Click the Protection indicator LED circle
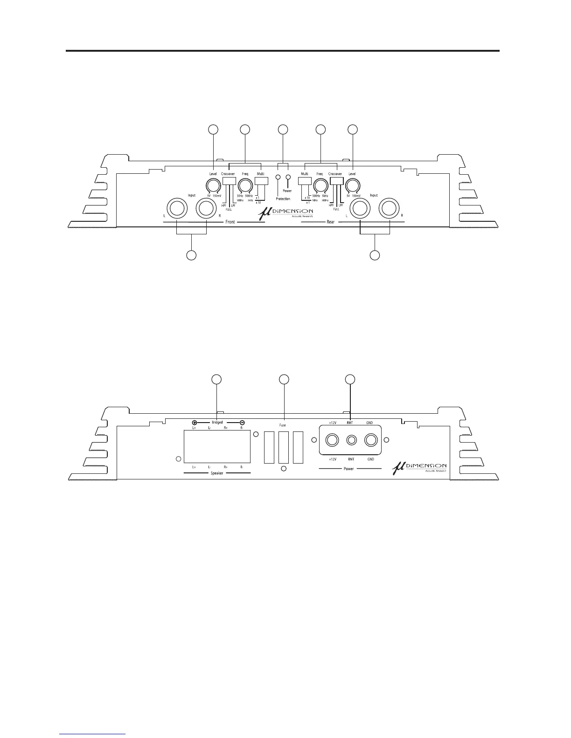pyautogui.click(x=278, y=178)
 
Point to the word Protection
pyautogui.click(x=283, y=199)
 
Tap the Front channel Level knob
pyautogui.click(x=214, y=186)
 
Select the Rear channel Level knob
pyautogui.click(x=352, y=186)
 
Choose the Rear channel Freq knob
pyautogui.click(x=320, y=186)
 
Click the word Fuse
pyautogui.click(x=283, y=425)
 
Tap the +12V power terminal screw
pyautogui.click(x=333, y=440)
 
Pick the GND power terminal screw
pyautogui.click(x=370, y=440)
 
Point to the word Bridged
pyautogui.click(x=217, y=423)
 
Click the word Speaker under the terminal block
pyautogui.click(x=217, y=473)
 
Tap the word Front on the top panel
pyautogui.click(x=230, y=222)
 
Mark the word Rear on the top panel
pyautogui.click(x=331, y=222)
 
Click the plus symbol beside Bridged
pyautogui.click(x=195, y=423)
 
